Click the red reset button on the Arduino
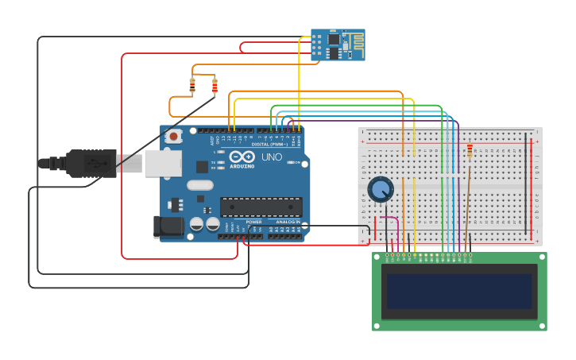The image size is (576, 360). pyautogui.click(x=173, y=136)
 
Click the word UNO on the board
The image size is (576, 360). pyautogui.click(x=272, y=157)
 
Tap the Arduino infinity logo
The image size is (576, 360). pyautogui.click(x=247, y=157)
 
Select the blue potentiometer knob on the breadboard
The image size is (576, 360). pyautogui.click(x=381, y=189)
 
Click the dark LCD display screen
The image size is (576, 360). pyautogui.click(x=458, y=292)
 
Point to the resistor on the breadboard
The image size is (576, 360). pyautogui.click(x=470, y=151)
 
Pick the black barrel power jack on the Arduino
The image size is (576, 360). pyautogui.click(x=169, y=226)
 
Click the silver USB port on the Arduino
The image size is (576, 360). pyautogui.click(x=163, y=163)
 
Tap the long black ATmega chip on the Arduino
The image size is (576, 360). pyautogui.click(x=261, y=207)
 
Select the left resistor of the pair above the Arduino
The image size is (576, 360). pyautogui.click(x=192, y=85)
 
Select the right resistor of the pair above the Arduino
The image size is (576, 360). pyautogui.click(x=215, y=86)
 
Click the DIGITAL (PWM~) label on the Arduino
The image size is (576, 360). pyautogui.click(x=269, y=145)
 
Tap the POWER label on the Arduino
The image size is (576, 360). pyautogui.click(x=253, y=222)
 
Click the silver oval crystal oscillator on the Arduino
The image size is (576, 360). pyautogui.click(x=199, y=185)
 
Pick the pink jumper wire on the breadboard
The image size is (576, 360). pyautogui.click(x=389, y=219)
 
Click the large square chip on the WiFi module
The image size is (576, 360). pyautogui.click(x=334, y=38)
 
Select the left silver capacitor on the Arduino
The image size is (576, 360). pyautogui.click(x=196, y=225)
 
